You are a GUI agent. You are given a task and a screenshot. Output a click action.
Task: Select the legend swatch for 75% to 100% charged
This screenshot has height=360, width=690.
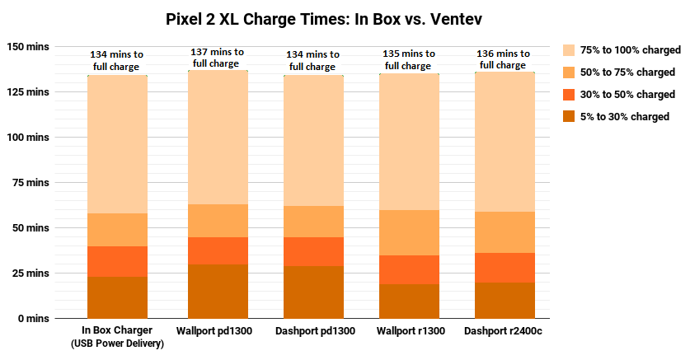[x=569, y=49]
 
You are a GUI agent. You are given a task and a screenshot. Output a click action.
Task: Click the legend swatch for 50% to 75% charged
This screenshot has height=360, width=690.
[x=569, y=72]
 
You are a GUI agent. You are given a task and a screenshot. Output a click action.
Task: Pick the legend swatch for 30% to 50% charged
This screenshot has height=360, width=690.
[x=569, y=94]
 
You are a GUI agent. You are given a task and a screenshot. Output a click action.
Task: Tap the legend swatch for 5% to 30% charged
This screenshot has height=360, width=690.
[x=569, y=116]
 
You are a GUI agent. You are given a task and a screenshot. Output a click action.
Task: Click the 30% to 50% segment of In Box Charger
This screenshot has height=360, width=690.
[x=117, y=261]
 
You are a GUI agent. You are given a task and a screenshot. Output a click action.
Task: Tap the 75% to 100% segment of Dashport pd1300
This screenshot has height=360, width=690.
[x=314, y=140]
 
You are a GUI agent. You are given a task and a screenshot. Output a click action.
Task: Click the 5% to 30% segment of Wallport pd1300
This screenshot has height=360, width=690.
[x=218, y=291]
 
